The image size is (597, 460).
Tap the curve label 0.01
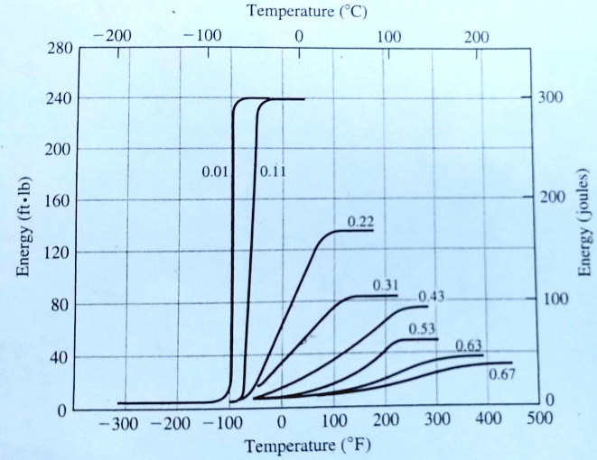coord(218,170)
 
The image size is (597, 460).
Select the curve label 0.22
coord(359,221)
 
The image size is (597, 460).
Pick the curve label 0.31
coord(386,285)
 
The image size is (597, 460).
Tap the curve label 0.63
coord(468,345)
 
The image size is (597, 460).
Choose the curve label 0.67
coord(501,374)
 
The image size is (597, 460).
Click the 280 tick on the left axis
coord(57,49)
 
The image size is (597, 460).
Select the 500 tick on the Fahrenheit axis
coord(538,420)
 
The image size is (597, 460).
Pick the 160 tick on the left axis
coord(57,201)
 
